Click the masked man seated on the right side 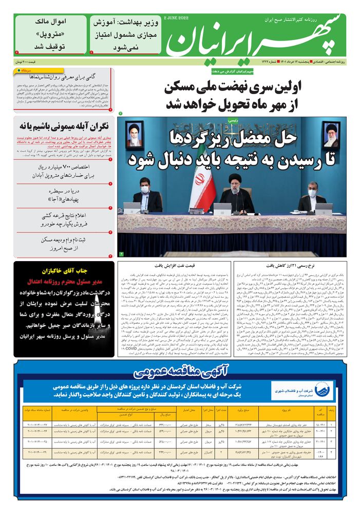coord(312,198)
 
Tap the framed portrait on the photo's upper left coord(134,135)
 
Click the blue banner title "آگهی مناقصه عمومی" coord(178,372)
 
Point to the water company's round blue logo coord(326,388)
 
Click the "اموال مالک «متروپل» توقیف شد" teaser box coord(50,33)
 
